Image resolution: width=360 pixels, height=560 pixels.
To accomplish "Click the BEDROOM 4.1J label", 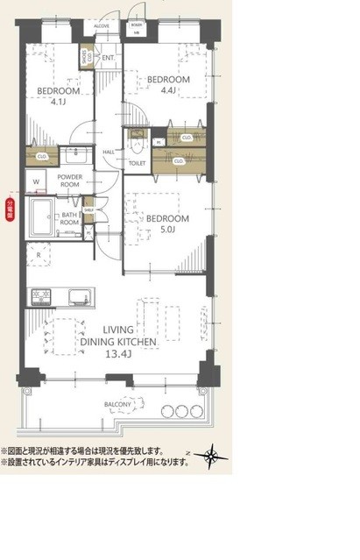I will (x=60, y=95).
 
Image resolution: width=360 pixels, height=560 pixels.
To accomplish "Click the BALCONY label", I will (x=117, y=404).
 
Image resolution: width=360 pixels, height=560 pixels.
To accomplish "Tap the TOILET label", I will (x=137, y=163).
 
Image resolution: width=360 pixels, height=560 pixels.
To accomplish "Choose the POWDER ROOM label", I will (x=70, y=181).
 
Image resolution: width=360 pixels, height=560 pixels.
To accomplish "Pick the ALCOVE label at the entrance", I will (x=102, y=27).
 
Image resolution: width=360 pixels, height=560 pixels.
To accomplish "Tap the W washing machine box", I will (x=37, y=182).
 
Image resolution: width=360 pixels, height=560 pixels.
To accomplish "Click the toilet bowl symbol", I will (x=137, y=140).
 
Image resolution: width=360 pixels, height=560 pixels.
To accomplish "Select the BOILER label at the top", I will (x=138, y=27).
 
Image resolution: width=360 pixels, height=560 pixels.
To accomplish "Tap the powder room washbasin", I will (x=74, y=155).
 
